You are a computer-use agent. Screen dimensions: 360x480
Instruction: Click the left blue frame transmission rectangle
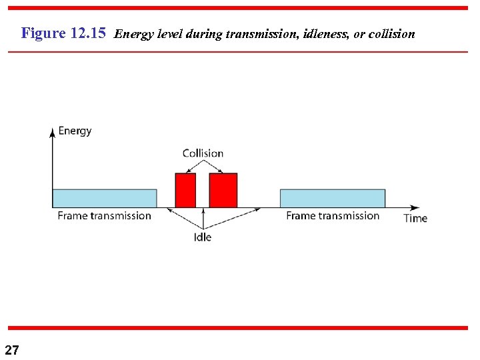(105, 198)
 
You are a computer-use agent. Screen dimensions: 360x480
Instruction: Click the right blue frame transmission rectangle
(332, 198)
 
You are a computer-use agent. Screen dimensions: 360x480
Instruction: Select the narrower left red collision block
(185, 190)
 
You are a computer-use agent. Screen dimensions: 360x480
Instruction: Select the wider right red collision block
(223, 190)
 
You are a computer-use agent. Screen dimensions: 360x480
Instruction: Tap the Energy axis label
(75, 131)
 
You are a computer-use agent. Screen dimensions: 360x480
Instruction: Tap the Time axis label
(415, 218)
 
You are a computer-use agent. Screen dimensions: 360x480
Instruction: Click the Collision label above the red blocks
(203, 153)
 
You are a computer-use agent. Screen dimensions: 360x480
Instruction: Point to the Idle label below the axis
(203, 237)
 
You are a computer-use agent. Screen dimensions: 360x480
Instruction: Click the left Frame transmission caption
(105, 215)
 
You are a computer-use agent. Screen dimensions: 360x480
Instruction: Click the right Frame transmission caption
(333, 215)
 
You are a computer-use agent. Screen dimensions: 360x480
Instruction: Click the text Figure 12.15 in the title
(63, 33)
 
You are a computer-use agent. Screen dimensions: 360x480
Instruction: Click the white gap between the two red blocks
(203, 193)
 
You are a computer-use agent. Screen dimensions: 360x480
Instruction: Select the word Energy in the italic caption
(132, 34)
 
